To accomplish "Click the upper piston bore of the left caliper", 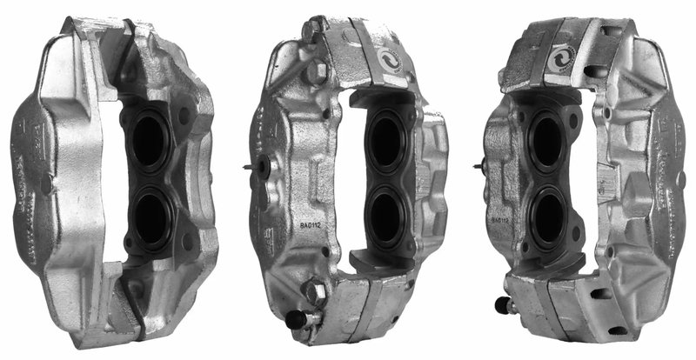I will pyautogui.click(x=149, y=142).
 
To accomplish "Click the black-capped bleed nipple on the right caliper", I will pyautogui.click(x=502, y=305).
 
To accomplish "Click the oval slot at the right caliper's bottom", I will pyautogui.click(x=599, y=294).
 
